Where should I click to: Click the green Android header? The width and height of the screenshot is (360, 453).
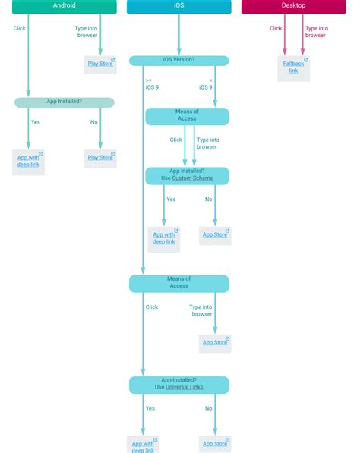coord(64,6)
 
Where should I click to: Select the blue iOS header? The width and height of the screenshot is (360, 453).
coord(178,6)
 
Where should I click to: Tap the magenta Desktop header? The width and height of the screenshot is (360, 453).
coord(294,6)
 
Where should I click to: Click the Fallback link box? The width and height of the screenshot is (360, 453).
coord(293,68)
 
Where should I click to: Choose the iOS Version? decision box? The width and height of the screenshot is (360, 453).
coord(178,60)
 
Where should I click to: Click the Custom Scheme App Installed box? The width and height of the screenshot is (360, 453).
coord(187,175)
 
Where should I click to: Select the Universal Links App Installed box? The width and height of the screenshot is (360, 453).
coord(178,384)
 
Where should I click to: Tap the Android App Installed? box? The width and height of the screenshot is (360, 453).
coord(64,102)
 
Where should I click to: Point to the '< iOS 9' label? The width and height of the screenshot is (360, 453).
coord(206,83)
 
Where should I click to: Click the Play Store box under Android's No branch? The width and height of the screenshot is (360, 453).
coord(100,158)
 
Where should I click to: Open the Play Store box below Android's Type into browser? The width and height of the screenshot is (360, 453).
coord(100,64)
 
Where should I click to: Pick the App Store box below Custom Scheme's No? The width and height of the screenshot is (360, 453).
coord(215,235)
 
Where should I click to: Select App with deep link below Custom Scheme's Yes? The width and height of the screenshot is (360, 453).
coord(163,238)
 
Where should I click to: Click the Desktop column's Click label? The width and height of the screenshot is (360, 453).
coord(275,29)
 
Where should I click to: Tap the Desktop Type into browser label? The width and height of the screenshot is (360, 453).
coord(315,32)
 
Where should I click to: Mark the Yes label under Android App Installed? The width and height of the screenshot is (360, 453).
coord(36,122)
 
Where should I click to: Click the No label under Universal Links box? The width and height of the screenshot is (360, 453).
coord(208,408)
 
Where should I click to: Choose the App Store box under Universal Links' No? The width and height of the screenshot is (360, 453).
coord(215,444)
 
